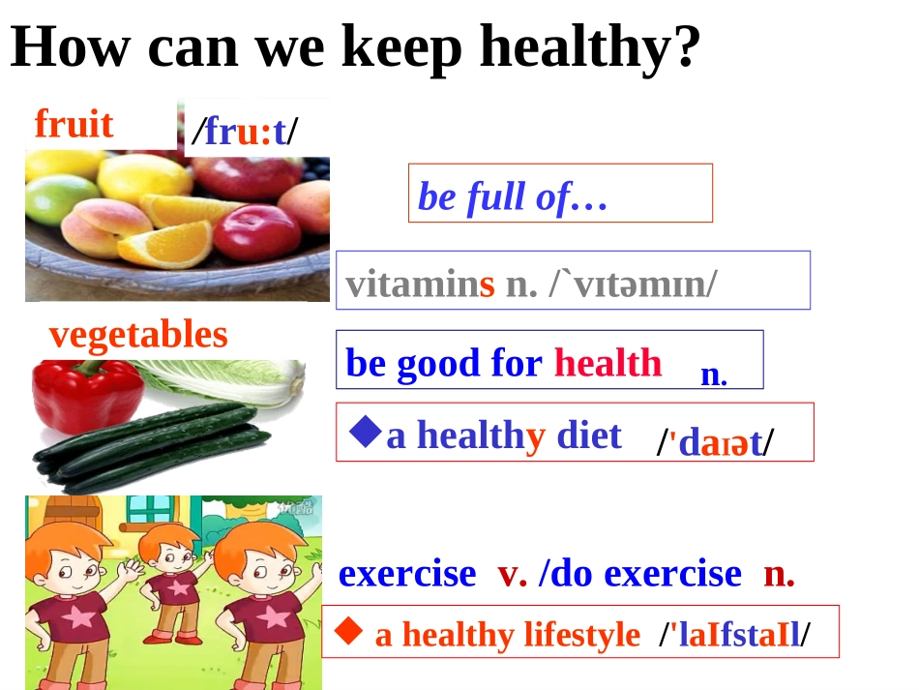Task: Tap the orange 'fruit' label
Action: click(74, 124)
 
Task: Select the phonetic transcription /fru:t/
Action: click(245, 132)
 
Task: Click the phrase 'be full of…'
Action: click(512, 197)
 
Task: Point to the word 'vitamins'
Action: click(420, 285)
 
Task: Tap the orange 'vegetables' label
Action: click(138, 335)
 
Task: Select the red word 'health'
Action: click(608, 364)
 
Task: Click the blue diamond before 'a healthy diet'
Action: click(365, 432)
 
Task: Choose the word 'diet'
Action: click(588, 435)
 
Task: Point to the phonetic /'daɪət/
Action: click(715, 442)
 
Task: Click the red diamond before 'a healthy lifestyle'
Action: click(349, 632)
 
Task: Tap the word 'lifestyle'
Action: click(581, 635)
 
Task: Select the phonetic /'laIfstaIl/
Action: click(734, 635)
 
